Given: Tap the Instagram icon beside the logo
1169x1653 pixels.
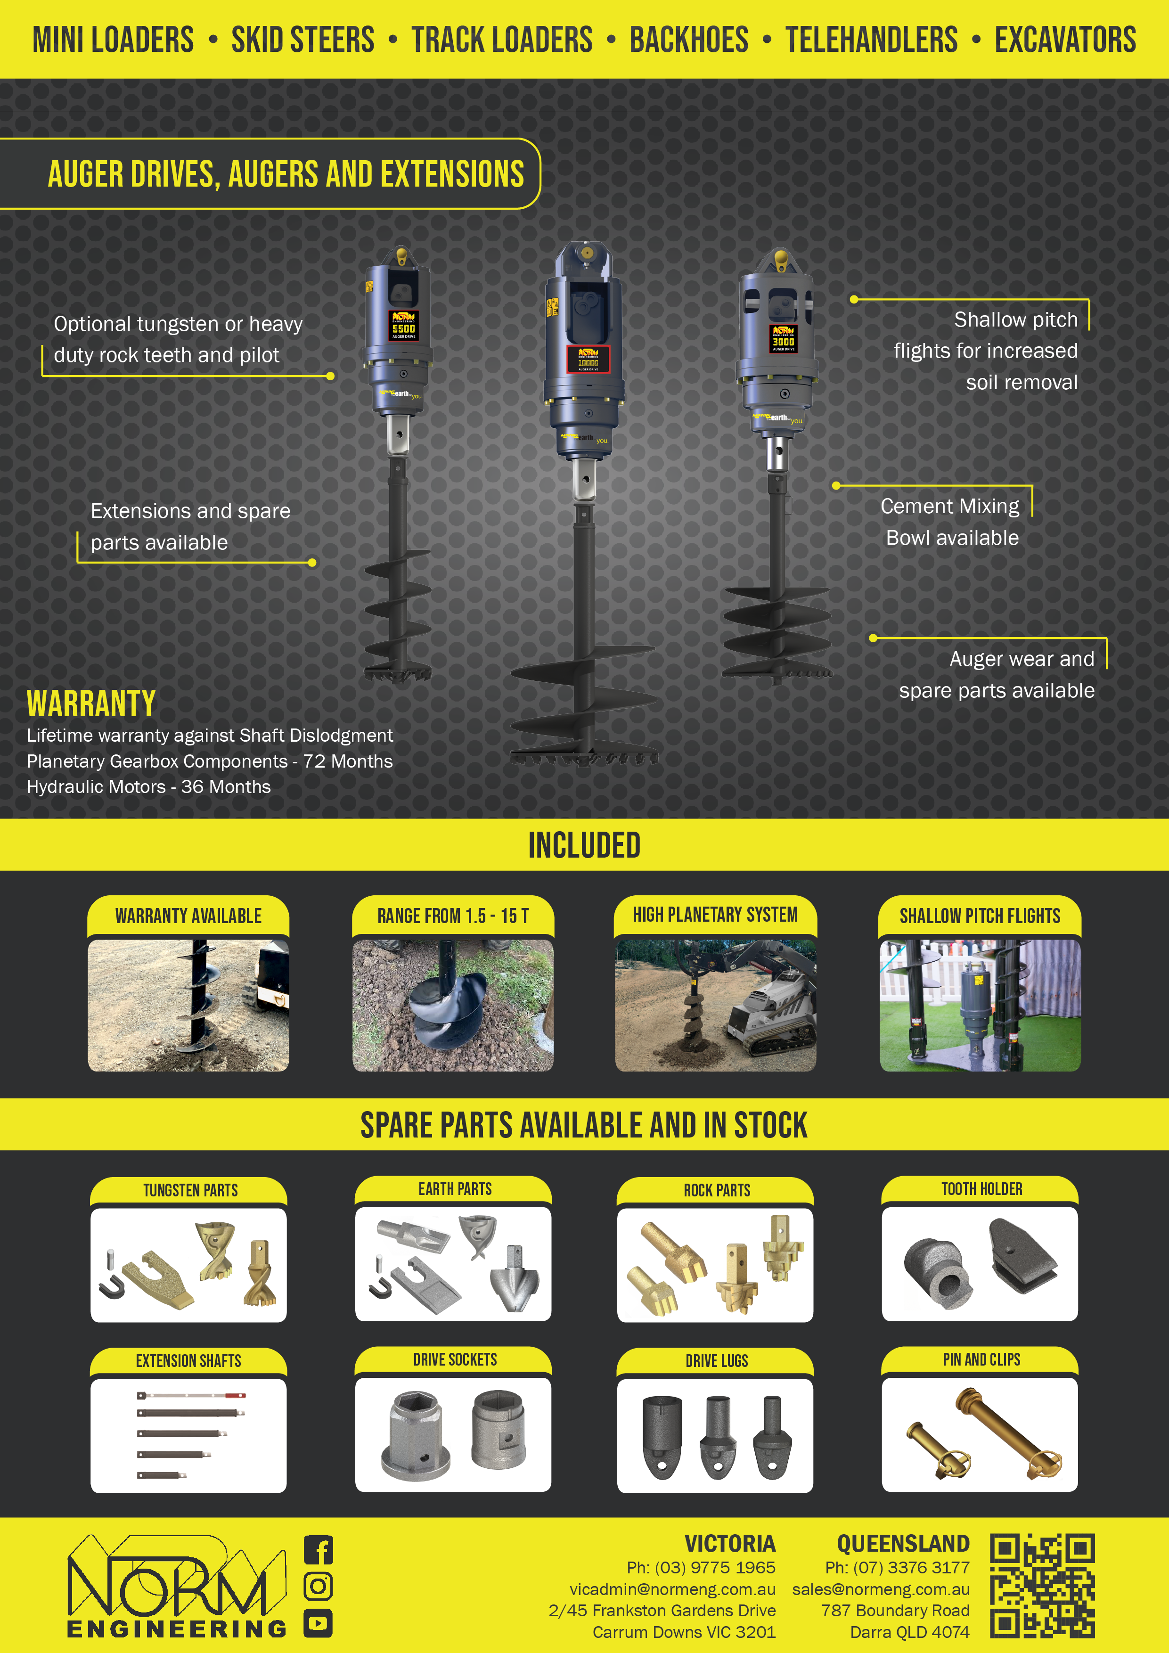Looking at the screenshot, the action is [318, 1587].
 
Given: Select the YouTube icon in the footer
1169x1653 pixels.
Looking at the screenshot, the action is [318, 1623].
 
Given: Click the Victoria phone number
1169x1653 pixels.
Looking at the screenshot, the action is [701, 1567].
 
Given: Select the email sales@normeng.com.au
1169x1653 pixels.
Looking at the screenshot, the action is [881, 1589].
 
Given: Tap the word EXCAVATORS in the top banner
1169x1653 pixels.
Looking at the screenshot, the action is [1065, 40].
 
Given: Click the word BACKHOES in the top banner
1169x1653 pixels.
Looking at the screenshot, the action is [689, 40].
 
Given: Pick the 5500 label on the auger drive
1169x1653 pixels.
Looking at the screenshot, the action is [403, 328].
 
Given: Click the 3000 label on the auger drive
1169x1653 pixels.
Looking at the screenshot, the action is [783, 342].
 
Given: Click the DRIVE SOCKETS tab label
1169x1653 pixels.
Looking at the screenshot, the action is [455, 1359].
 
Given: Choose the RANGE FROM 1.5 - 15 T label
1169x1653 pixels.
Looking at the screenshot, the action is [453, 916].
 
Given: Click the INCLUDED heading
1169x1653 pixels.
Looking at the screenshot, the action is [584, 845].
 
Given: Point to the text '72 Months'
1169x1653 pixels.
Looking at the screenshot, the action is [348, 761].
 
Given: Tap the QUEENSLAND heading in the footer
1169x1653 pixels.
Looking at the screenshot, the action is [903, 1544].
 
